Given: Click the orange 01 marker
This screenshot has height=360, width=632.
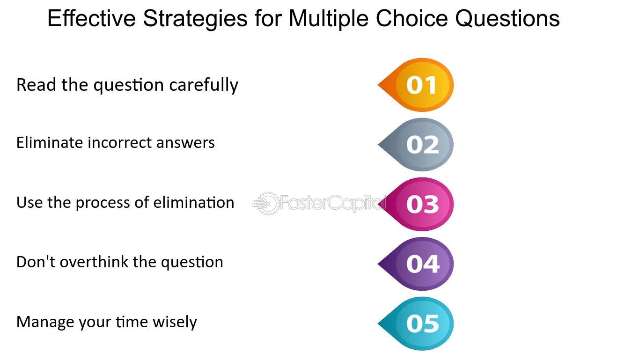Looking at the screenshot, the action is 416,85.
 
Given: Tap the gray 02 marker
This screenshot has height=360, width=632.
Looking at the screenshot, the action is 416,145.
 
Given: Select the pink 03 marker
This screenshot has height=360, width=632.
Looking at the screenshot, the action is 416,204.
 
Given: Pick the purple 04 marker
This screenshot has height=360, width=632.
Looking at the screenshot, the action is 416,264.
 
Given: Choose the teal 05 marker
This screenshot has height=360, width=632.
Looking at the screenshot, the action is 416,323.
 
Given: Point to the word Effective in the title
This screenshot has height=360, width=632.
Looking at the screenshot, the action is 92,18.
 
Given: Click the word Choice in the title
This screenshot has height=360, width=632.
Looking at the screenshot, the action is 412,18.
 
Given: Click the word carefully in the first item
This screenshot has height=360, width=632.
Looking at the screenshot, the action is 204,85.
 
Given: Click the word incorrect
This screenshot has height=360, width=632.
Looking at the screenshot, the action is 120,142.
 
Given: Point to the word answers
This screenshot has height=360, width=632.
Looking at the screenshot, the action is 185,144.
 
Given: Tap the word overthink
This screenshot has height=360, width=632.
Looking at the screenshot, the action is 94,262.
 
